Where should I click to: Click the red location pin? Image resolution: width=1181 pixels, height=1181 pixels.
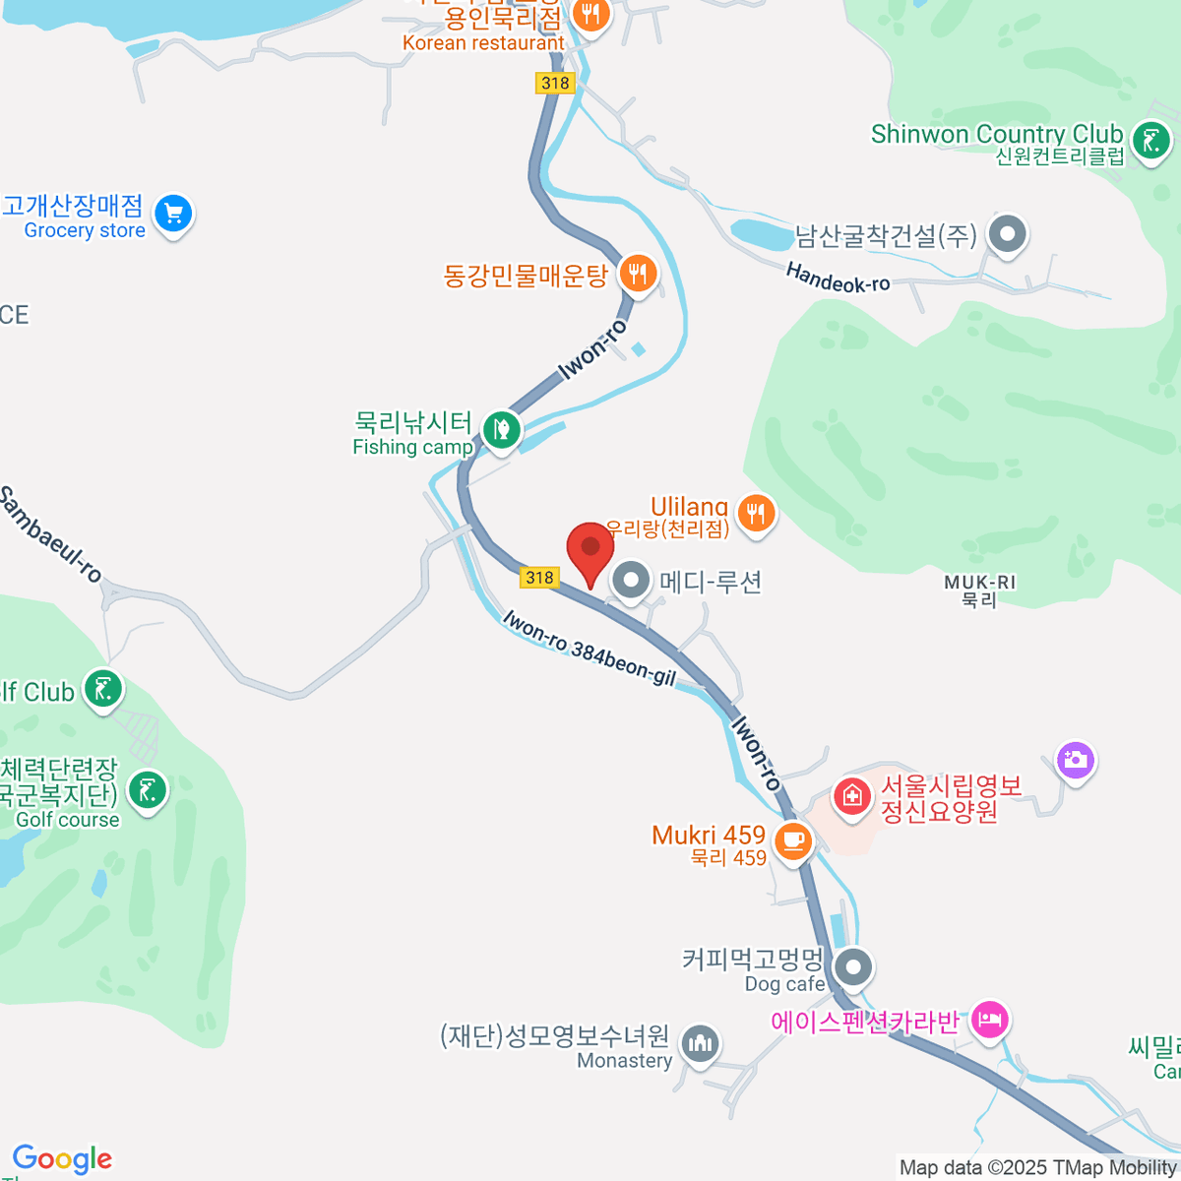tap(590, 549)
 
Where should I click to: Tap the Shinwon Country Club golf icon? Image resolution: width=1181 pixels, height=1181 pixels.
tap(1150, 140)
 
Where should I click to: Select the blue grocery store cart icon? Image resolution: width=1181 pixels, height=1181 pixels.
tap(174, 213)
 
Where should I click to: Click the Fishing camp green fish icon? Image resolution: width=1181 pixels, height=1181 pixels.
tap(501, 430)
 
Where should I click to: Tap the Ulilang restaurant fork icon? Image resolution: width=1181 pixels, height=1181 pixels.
tap(755, 513)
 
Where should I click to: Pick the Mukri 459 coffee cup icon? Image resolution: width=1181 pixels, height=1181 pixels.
tap(793, 841)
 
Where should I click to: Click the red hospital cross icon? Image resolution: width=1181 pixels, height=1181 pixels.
tap(852, 795)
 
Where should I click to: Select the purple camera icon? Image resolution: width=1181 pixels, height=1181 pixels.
tap(1075, 760)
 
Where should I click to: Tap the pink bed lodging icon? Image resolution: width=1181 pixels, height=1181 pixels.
tap(989, 1020)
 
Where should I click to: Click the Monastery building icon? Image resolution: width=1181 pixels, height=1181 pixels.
tap(700, 1044)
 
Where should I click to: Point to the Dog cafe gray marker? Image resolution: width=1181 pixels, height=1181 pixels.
tap(853, 966)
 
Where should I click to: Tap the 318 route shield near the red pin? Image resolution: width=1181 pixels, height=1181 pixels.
tap(539, 578)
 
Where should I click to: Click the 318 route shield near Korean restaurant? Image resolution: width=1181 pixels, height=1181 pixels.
tap(555, 83)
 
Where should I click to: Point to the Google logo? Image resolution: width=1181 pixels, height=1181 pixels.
tap(62, 1159)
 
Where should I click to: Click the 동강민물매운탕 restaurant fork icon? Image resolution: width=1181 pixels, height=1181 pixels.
tap(638, 273)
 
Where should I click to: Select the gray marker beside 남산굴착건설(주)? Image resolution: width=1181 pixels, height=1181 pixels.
tap(1007, 234)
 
